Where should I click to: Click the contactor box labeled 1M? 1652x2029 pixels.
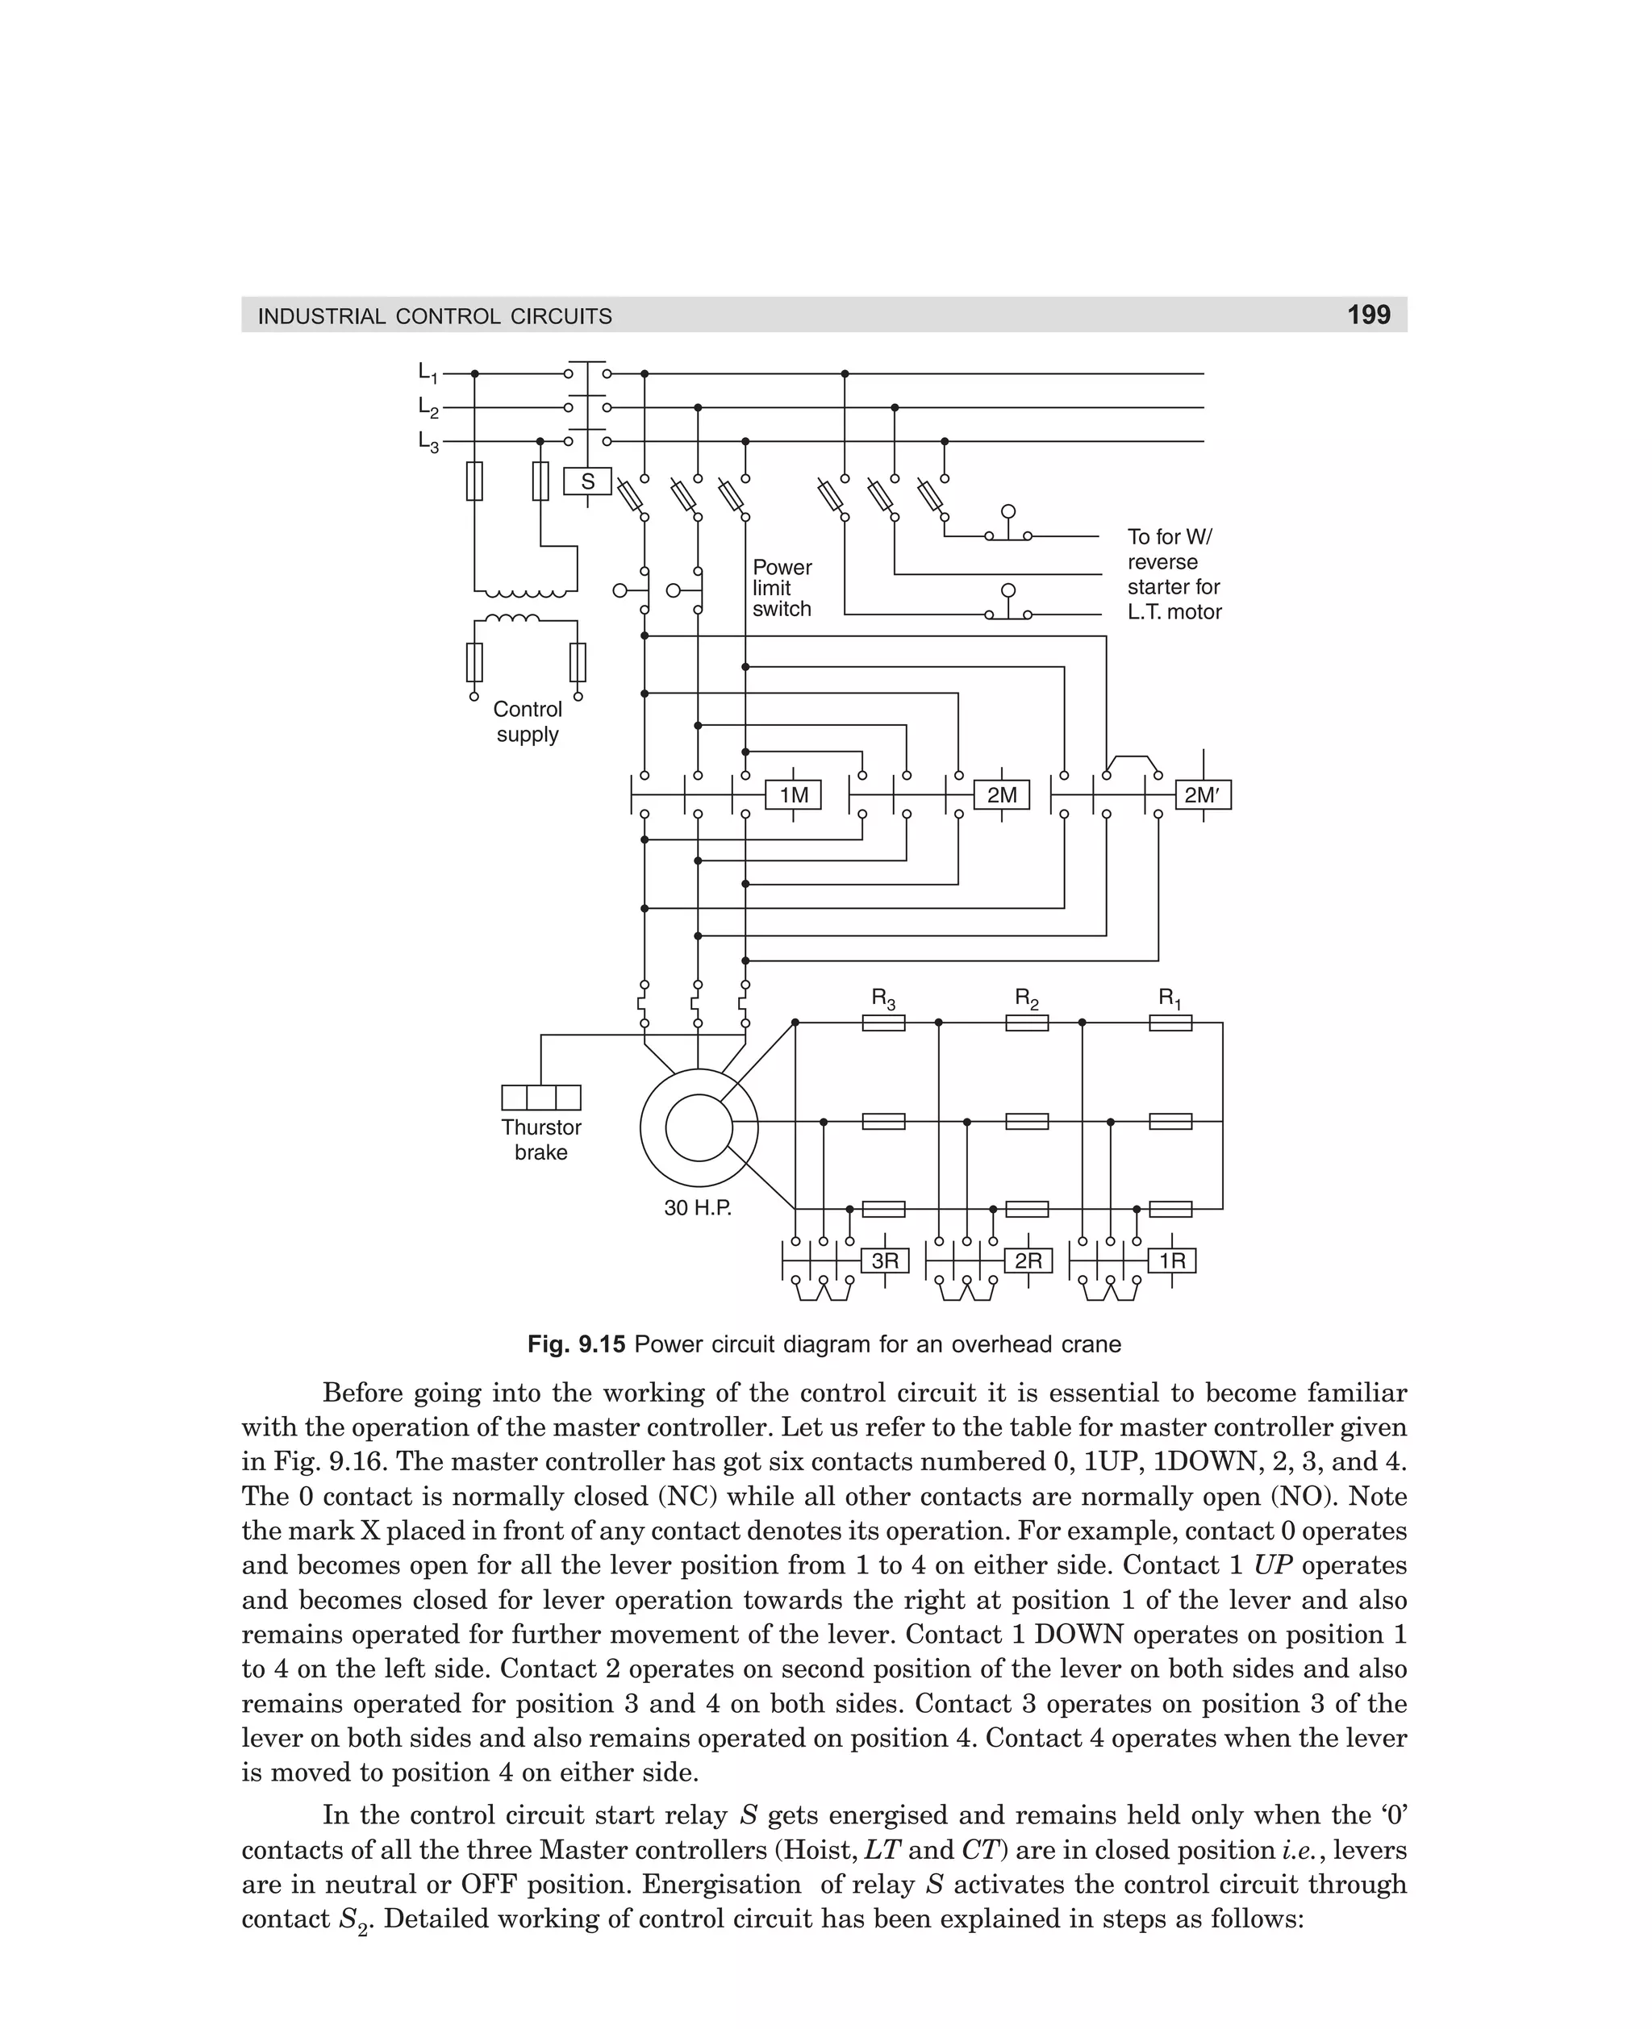[x=793, y=795]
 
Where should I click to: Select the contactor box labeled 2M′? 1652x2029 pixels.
[x=1202, y=795]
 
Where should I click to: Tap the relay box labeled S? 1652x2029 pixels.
[x=587, y=481]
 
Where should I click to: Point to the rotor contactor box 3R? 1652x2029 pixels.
[x=884, y=1260]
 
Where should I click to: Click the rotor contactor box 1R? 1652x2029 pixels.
[x=1171, y=1260]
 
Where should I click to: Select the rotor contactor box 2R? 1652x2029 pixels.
[x=1028, y=1260]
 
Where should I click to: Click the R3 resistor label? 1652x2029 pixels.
[x=883, y=999]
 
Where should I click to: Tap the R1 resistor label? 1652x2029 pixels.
[x=1170, y=999]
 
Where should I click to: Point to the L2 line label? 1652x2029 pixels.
[x=428, y=407]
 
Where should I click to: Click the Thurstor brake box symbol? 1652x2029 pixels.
[x=540, y=1098]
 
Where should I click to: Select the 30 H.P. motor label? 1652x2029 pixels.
[x=698, y=1209]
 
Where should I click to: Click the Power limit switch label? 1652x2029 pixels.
[x=782, y=588]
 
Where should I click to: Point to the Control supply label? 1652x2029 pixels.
[x=528, y=722]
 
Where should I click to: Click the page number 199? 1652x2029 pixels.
[x=1368, y=315]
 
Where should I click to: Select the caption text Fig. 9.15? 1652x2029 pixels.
[x=577, y=1344]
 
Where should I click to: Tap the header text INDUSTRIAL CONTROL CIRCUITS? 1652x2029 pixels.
[x=435, y=316]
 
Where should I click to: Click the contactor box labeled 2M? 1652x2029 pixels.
[x=1001, y=795]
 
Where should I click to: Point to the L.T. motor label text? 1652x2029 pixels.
[x=1174, y=611]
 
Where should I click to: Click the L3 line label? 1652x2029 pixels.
[x=428, y=441]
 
